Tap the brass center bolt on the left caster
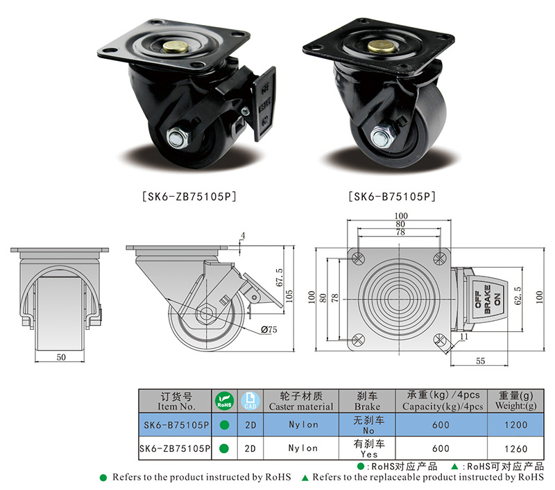tap(173, 49)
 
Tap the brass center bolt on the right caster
tap(378, 47)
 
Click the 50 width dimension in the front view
tap(61, 357)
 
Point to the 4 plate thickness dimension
tap(243, 236)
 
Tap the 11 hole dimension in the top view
tap(463, 336)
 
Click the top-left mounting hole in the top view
tap(359, 257)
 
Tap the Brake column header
tap(367, 401)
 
